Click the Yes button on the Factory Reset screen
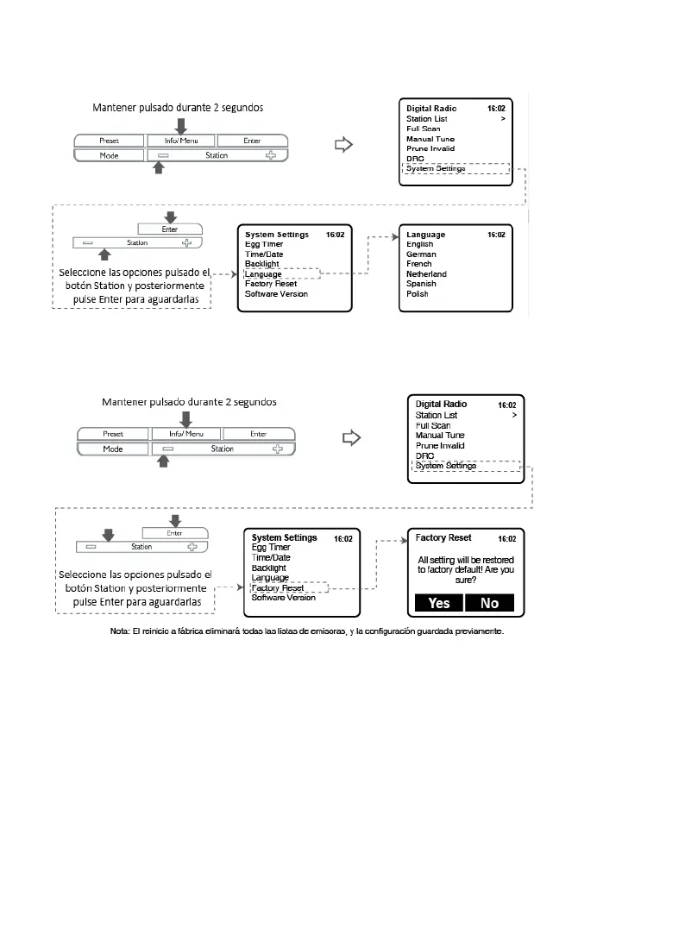tap(439, 603)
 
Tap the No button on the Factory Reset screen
tap(489, 603)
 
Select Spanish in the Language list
tap(421, 284)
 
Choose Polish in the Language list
tap(418, 294)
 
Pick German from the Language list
tap(421, 254)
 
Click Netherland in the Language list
tap(426, 274)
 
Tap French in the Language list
tap(419, 264)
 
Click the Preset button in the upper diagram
tap(108, 141)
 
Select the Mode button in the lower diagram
tap(113, 449)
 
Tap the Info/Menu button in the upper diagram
tap(179, 141)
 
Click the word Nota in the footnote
tap(120, 631)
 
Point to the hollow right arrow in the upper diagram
tap(344, 145)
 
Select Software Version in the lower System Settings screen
tap(284, 597)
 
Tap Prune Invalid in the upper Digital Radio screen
tap(430, 149)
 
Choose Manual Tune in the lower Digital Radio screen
tap(440, 436)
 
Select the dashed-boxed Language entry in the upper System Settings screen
tap(263, 274)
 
